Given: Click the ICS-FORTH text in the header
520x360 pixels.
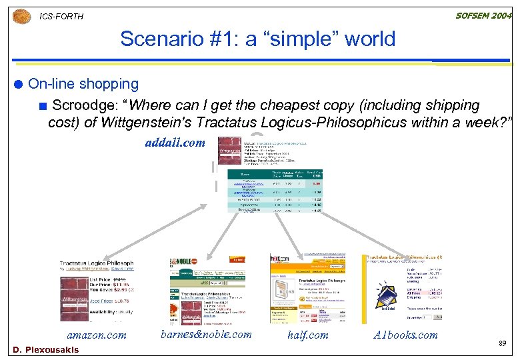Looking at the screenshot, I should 61,17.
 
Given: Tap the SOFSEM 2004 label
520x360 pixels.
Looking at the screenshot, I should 482,15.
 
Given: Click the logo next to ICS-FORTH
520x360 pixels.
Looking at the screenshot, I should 21,16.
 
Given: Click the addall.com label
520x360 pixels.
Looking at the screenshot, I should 175,142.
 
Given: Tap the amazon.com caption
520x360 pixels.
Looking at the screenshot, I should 97,335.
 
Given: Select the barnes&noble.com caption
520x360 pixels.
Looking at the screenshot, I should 206,335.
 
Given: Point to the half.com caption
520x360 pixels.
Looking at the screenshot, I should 308,335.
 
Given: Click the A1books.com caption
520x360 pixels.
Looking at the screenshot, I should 405,335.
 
